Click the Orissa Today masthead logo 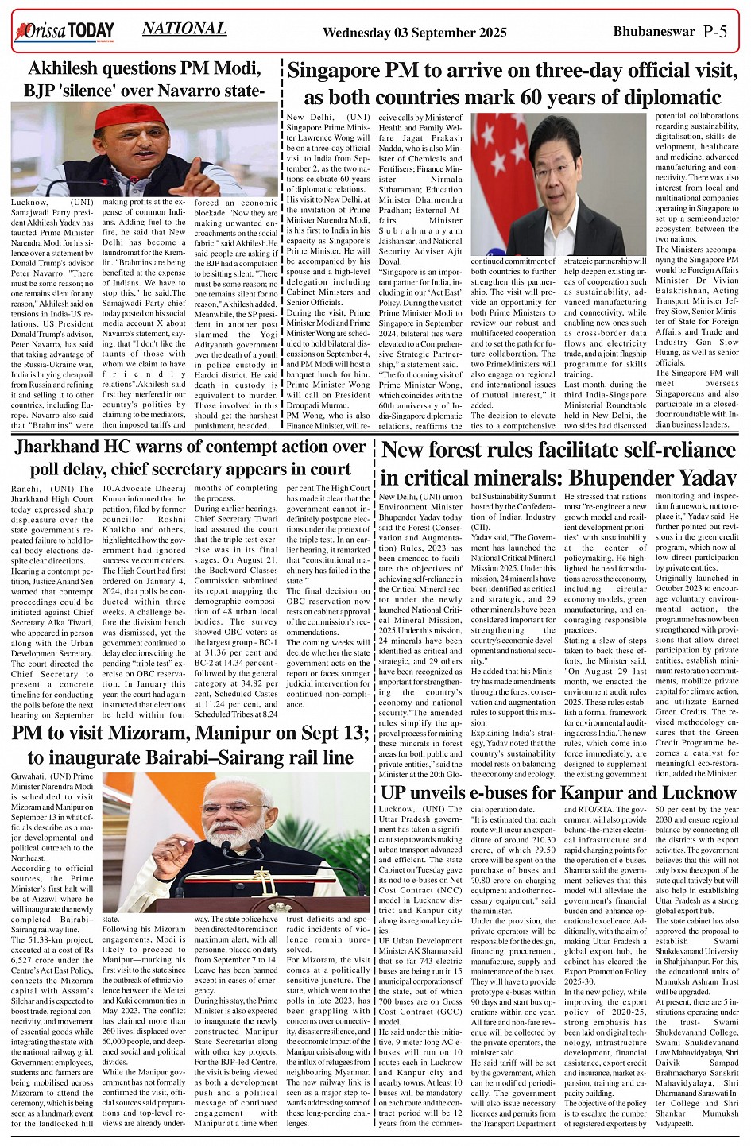(64, 32)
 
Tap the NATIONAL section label (184, 29)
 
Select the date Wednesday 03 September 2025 (414, 33)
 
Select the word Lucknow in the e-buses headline (697, 792)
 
